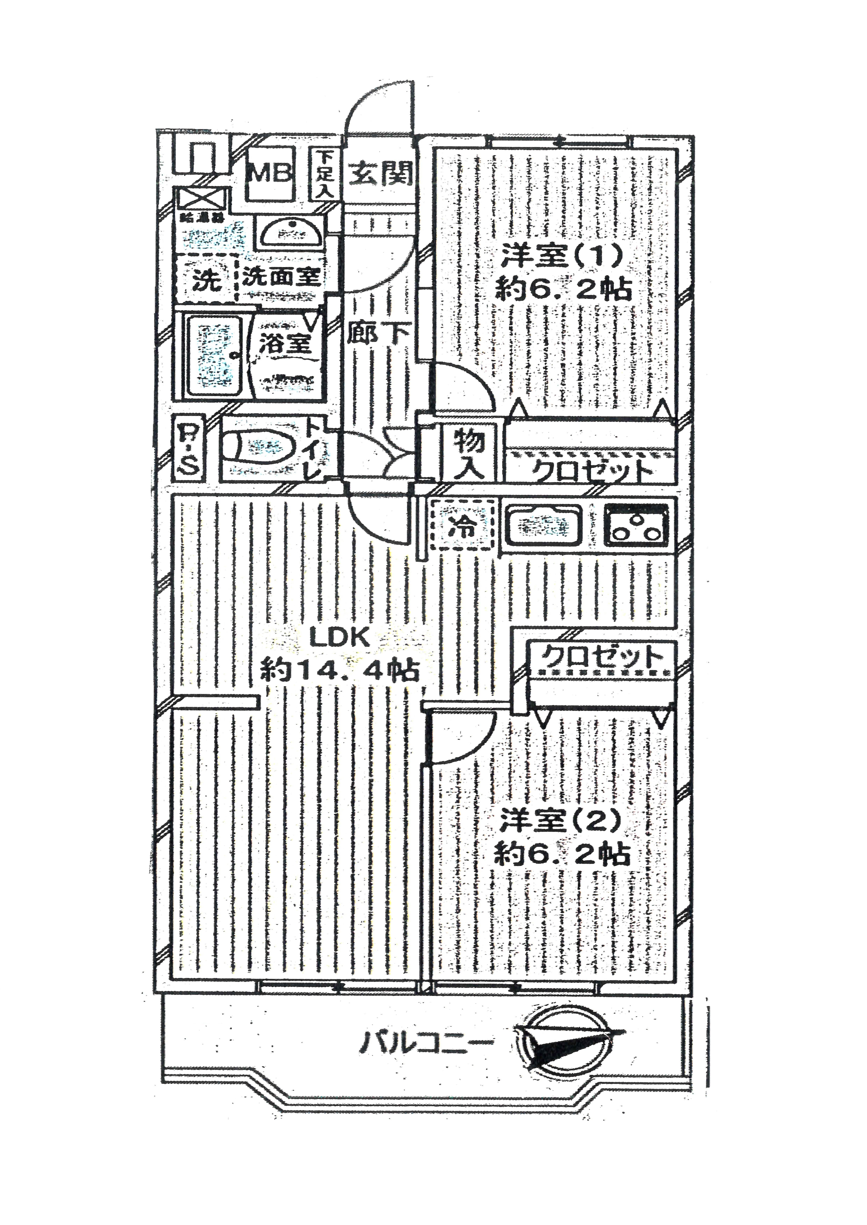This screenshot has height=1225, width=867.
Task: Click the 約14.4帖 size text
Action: (x=340, y=670)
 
